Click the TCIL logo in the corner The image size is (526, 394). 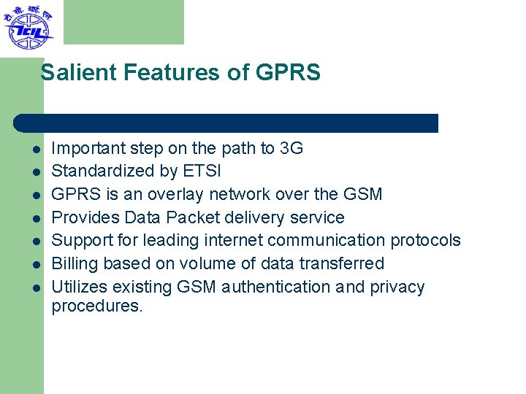coord(28,27)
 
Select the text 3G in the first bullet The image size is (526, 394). coord(291,149)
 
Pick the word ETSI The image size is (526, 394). coord(201,171)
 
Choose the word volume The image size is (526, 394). coord(229,263)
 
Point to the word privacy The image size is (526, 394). coord(397,287)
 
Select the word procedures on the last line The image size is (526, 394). coord(97,306)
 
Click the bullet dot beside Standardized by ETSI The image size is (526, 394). coord(34,172)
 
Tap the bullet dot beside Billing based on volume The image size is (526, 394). coord(34,264)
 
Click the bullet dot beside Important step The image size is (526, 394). coord(34,150)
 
